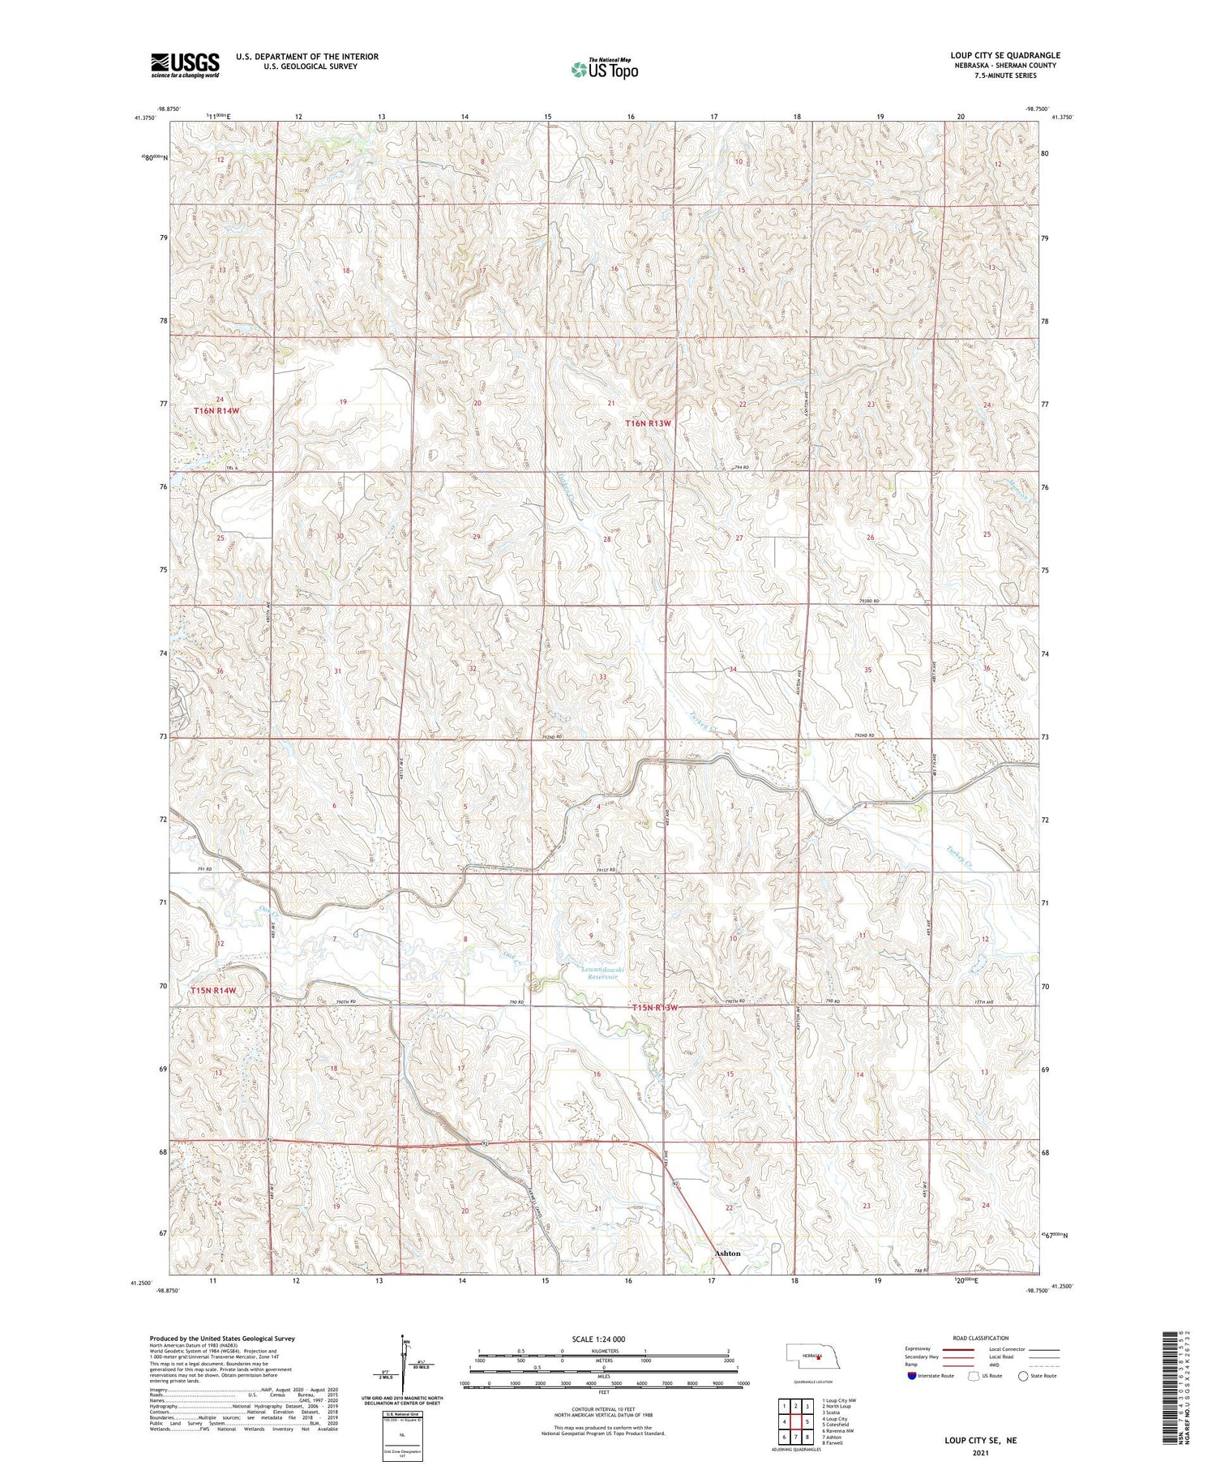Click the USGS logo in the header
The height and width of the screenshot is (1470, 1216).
point(185,65)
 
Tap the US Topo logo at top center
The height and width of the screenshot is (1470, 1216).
point(604,69)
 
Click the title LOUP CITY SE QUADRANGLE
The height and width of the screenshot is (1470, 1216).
point(1004,55)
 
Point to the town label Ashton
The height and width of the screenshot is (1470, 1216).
point(727,1253)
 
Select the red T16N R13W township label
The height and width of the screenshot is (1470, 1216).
point(649,423)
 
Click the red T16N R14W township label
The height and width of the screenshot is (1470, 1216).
point(216,411)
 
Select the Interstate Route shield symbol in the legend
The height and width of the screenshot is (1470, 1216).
point(912,1376)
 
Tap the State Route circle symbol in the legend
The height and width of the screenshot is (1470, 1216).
point(1023,1376)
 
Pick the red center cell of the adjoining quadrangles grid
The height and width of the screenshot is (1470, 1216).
point(796,1421)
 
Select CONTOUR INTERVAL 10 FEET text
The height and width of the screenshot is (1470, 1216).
point(603,1409)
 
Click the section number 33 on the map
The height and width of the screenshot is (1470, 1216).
point(602,676)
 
